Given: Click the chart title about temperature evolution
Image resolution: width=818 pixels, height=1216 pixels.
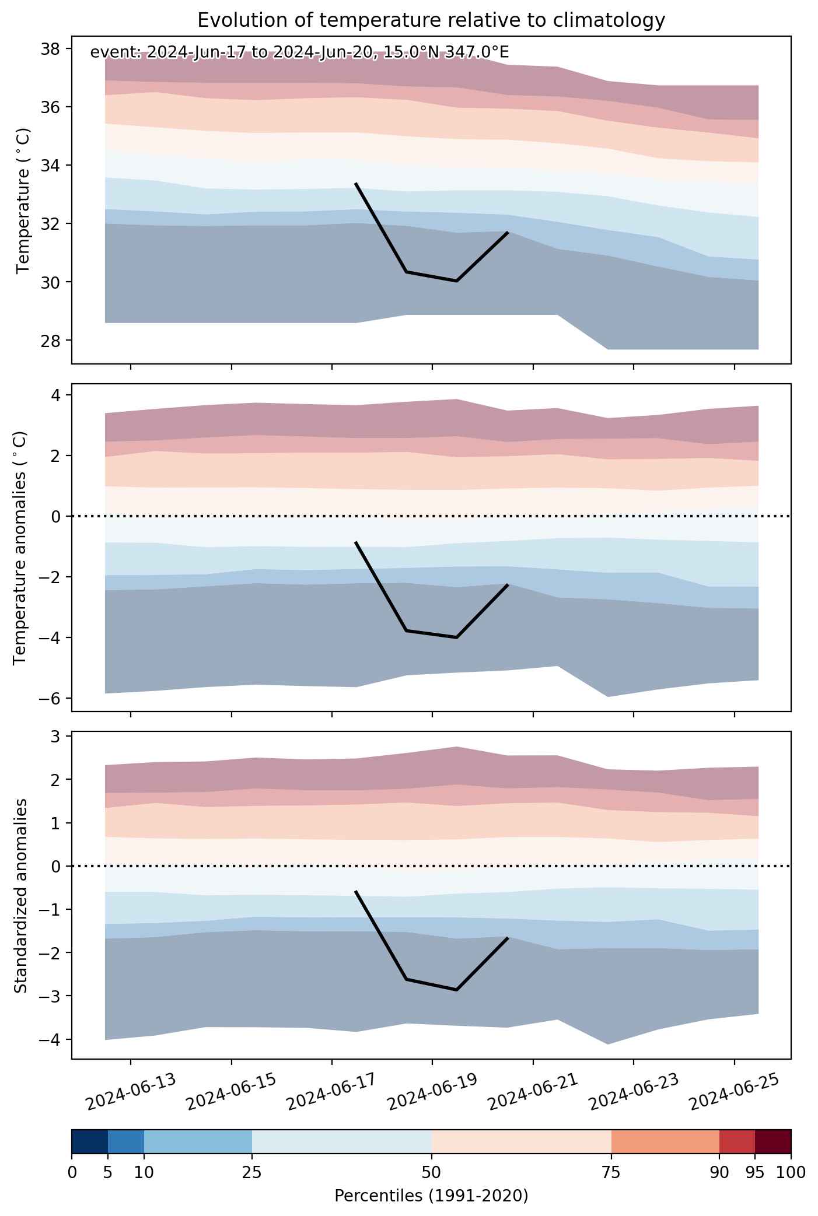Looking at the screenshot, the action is (x=431, y=20).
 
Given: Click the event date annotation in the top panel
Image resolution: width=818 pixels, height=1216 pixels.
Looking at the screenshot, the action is (x=299, y=52).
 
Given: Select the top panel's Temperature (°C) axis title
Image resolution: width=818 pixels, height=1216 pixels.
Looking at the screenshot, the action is (x=23, y=201).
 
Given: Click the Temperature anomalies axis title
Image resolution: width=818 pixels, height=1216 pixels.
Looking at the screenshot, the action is (x=20, y=547).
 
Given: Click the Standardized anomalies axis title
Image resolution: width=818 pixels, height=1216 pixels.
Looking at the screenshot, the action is (x=20, y=895).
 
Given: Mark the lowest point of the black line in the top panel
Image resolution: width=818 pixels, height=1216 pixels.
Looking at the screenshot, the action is (x=456, y=281).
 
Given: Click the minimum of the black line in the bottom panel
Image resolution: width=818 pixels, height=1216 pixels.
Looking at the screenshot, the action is (x=456, y=990).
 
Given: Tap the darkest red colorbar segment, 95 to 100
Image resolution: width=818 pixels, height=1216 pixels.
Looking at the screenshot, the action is (x=773, y=1141).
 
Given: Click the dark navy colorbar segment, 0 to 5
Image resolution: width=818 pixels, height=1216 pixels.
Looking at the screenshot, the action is (x=90, y=1141).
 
